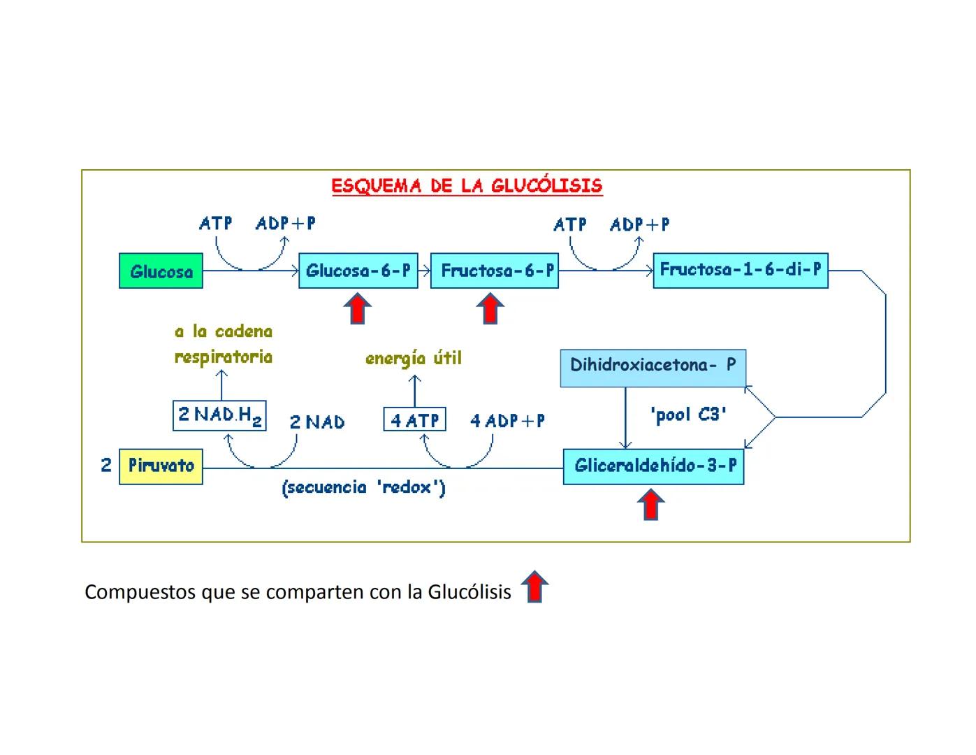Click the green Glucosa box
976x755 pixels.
coord(161,271)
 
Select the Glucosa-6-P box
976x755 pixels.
coord(358,271)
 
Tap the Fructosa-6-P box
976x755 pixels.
coord(494,271)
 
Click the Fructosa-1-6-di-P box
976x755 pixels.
coord(740,270)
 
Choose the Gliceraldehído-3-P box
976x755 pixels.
coord(653,466)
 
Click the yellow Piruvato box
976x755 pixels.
coord(161,466)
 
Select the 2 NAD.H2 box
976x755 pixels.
coord(219,415)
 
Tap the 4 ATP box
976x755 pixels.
coord(414,420)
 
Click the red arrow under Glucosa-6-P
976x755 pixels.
coord(358,309)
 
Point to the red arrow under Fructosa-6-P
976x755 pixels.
coord(490,309)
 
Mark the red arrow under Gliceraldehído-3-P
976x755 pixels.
coord(651,505)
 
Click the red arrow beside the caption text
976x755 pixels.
coord(534,587)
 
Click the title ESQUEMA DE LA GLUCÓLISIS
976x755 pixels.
coord(466,186)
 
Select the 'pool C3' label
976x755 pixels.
coord(688,415)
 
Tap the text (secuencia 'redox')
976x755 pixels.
coord(363,488)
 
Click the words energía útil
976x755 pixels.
coord(414,359)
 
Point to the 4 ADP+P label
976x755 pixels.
coord(507,421)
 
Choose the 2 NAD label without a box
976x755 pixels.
coord(316,422)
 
